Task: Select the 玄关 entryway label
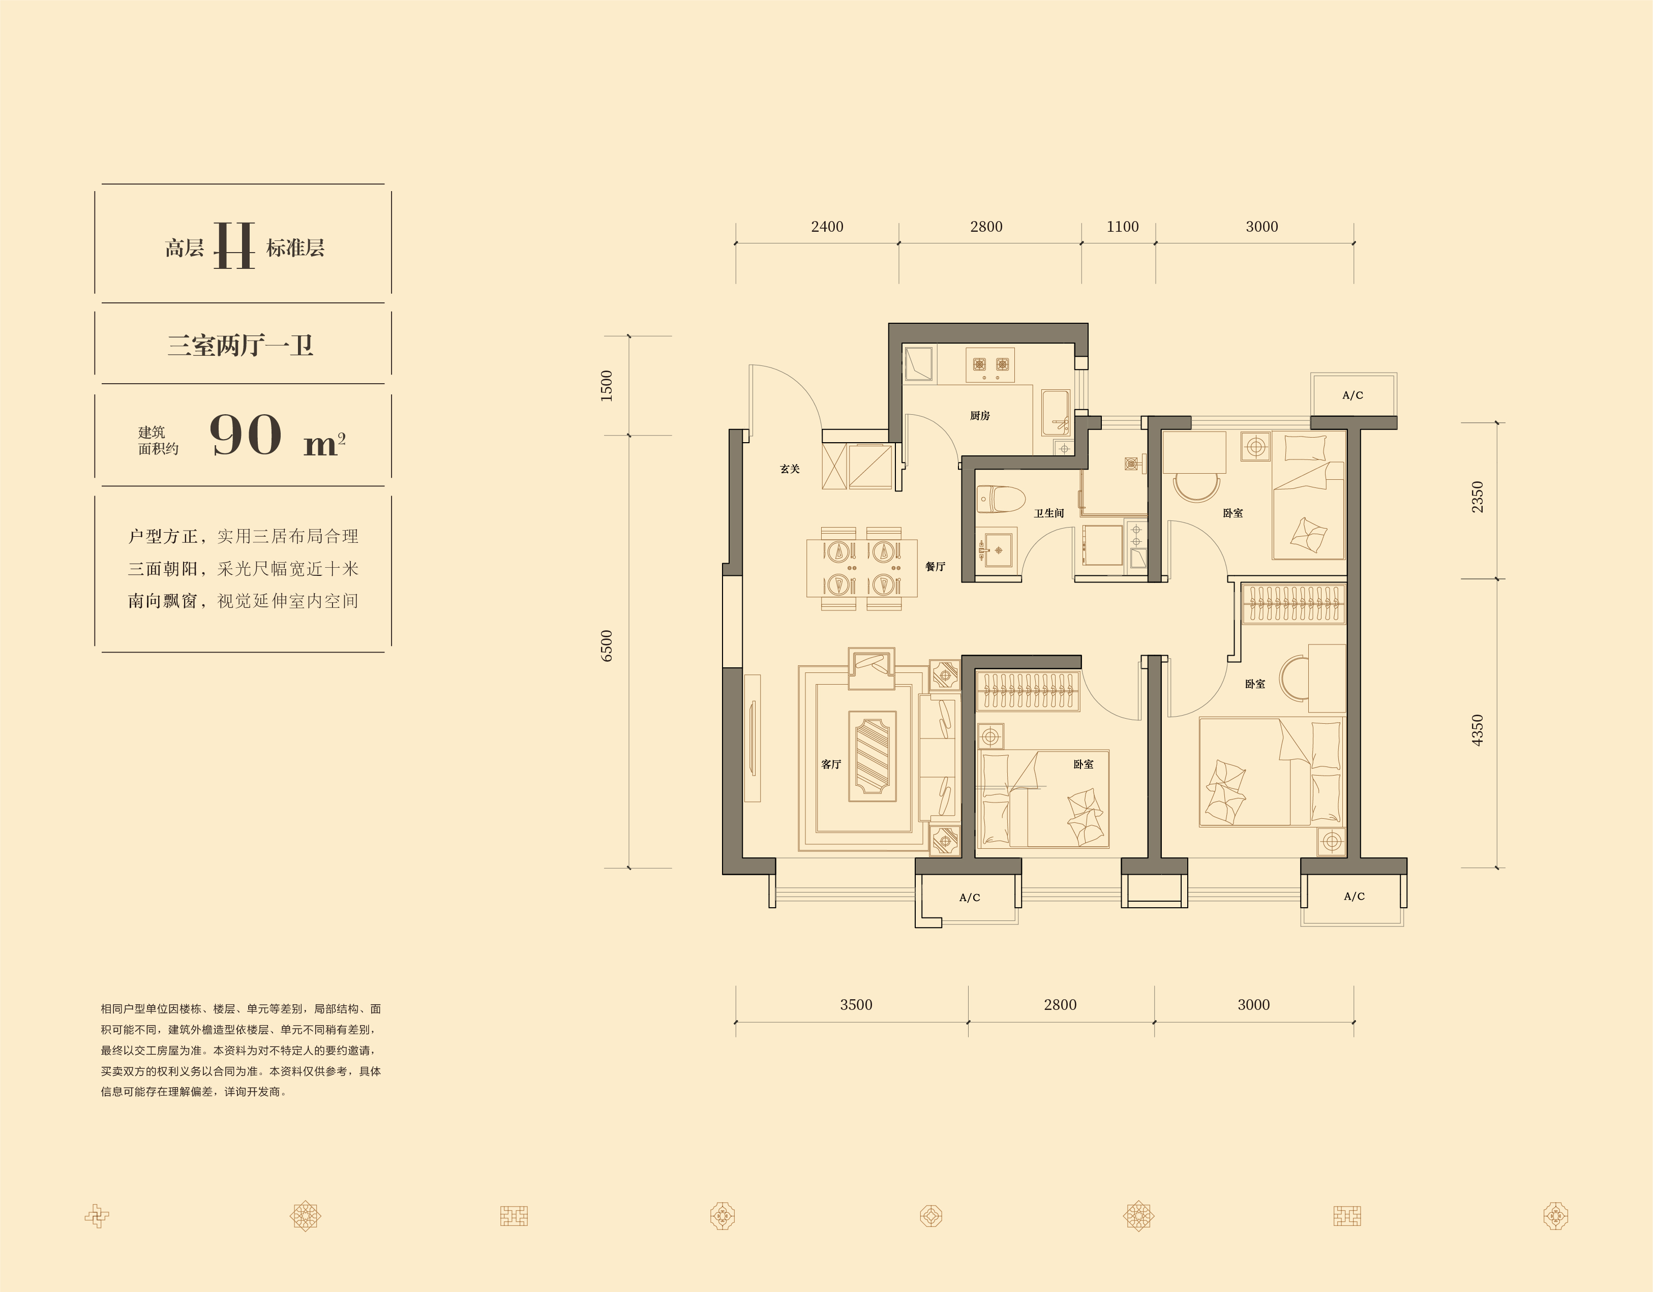coord(790,469)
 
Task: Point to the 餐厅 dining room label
coord(936,567)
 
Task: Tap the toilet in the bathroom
coord(1000,499)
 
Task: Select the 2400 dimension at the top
coord(827,227)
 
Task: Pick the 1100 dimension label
coord(1123,227)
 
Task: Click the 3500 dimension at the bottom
coord(856,1004)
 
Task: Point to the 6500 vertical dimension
coord(606,646)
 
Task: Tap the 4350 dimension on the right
coord(1478,731)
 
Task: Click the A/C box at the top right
coord(1354,395)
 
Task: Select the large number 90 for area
coord(245,435)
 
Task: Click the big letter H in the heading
coord(234,246)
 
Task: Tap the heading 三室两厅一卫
coord(240,346)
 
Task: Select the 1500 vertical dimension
coord(606,386)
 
